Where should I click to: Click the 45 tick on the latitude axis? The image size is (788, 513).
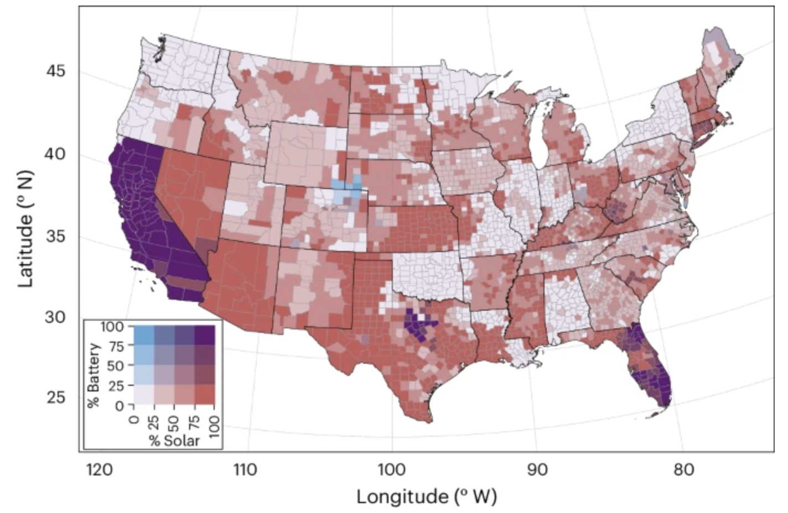[x=55, y=71]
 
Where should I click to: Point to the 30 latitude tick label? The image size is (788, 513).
[x=55, y=317]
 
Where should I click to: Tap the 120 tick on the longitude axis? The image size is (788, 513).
[x=100, y=470]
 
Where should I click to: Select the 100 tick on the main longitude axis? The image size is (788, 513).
[x=392, y=470]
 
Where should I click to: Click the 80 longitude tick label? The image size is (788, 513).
[x=684, y=470]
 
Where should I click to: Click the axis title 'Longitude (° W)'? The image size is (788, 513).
[x=426, y=496]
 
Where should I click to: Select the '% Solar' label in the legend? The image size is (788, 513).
[x=174, y=441]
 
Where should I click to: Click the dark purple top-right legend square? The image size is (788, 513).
[x=204, y=336]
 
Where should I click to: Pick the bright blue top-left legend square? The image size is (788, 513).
[x=144, y=336]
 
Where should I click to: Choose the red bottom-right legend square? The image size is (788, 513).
[x=204, y=395]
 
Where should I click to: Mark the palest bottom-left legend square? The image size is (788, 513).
[x=144, y=395]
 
